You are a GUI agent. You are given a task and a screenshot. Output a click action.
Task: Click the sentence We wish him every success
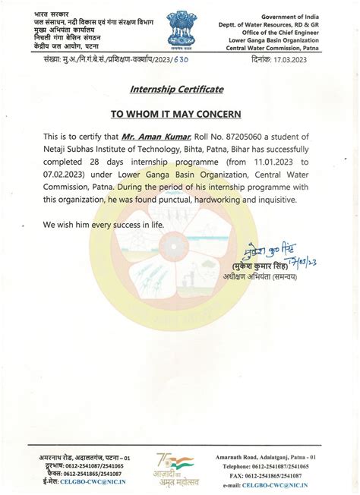point(103,225)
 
